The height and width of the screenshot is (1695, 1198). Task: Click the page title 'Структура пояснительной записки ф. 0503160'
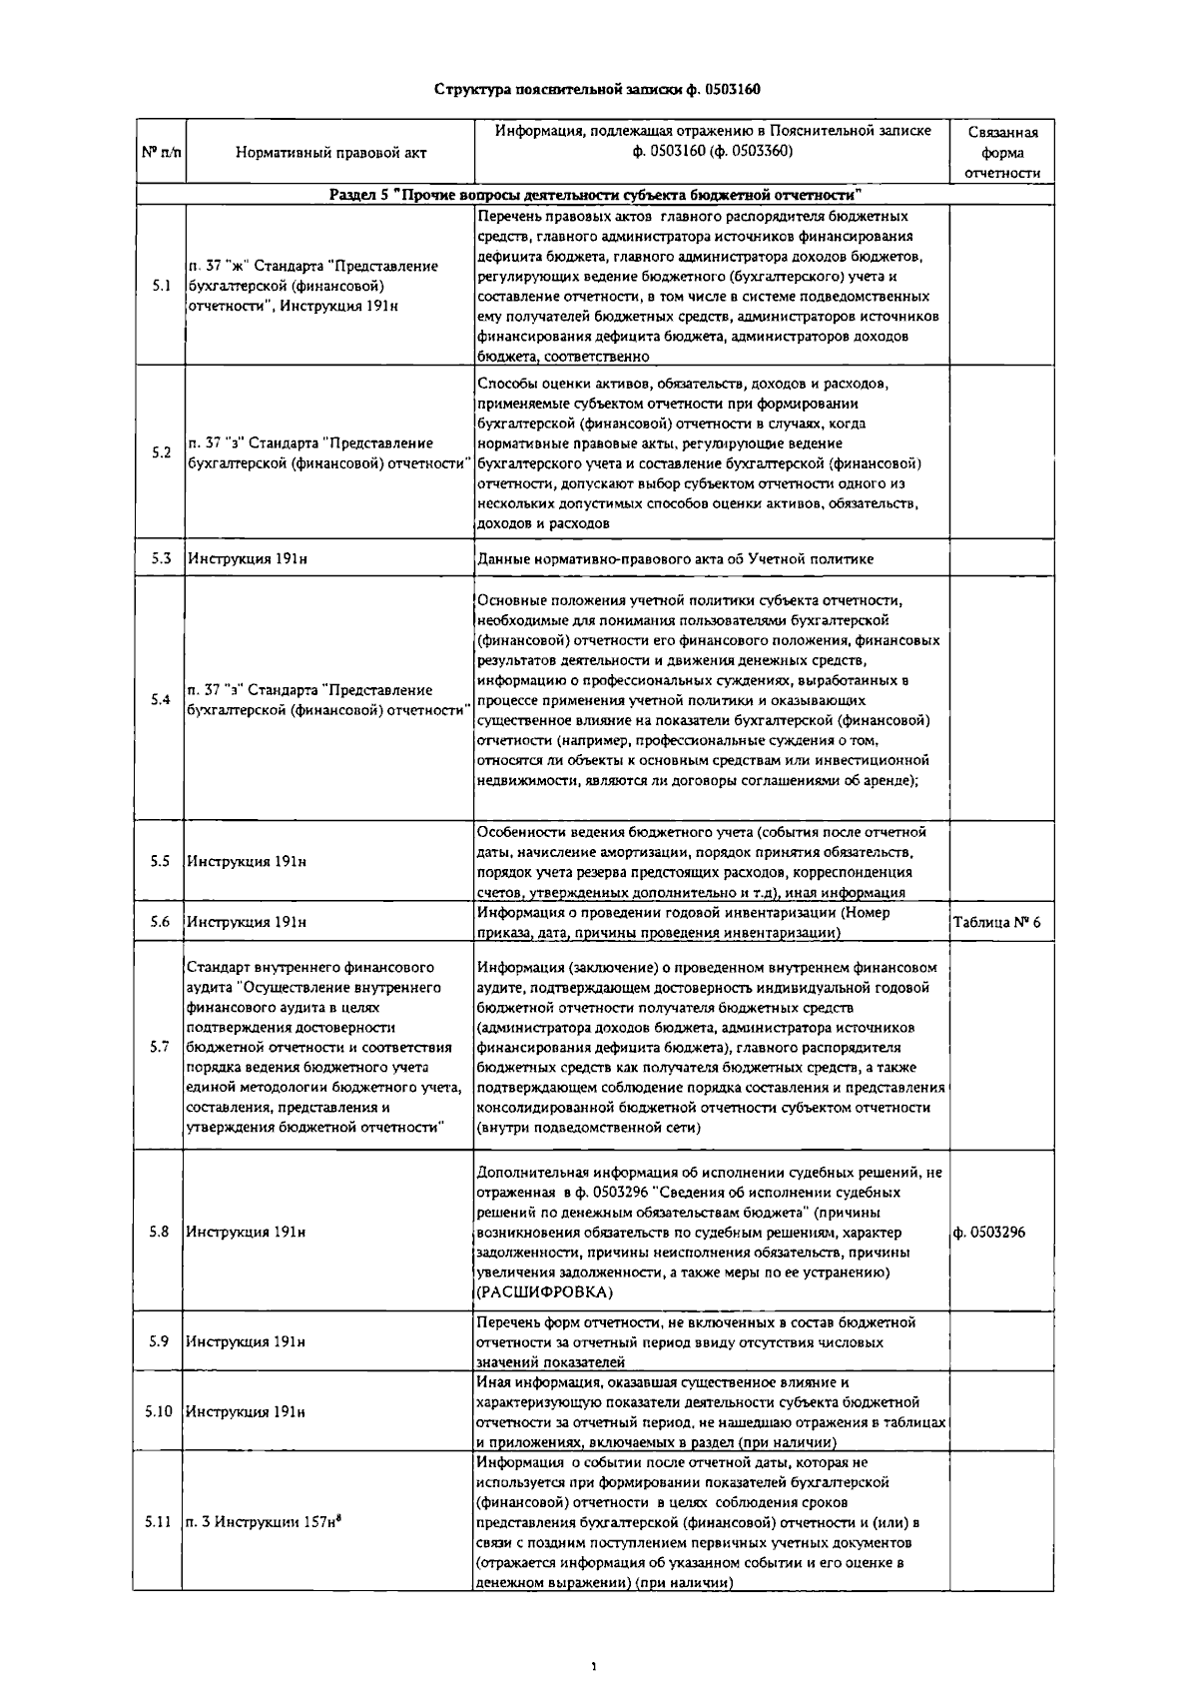pyautogui.click(x=597, y=89)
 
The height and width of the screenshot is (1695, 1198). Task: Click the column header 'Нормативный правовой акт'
pyautogui.click(x=330, y=153)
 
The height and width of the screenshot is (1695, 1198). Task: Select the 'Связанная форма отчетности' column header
pyautogui.click(x=1002, y=153)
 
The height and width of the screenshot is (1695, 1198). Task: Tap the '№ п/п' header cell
pyautogui.click(x=160, y=153)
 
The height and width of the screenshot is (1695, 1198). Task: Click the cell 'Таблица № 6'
pyautogui.click(x=996, y=922)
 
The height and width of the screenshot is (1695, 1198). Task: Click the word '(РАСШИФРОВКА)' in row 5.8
pyautogui.click(x=544, y=1292)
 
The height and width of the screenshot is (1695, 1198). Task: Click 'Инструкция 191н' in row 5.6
pyautogui.click(x=247, y=922)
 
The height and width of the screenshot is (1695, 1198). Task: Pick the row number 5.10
pyautogui.click(x=159, y=1411)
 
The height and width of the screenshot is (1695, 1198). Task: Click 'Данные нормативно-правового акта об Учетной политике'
pyautogui.click(x=675, y=558)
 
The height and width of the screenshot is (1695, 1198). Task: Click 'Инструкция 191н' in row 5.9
pyautogui.click(x=247, y=1341)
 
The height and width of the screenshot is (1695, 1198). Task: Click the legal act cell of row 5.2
pyautogui.click(x=329, y=452)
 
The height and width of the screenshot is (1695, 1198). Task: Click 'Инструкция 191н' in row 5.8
pyautogui.click(x=247, y=1232)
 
